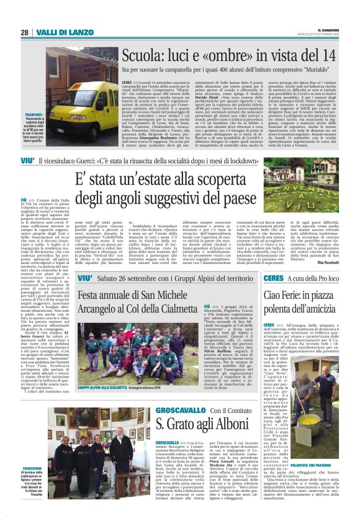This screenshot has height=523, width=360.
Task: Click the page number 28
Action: pyautogui.click(x=24, y=33)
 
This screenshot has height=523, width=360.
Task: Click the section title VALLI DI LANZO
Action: pyautogui.click(x=60, y=33)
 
